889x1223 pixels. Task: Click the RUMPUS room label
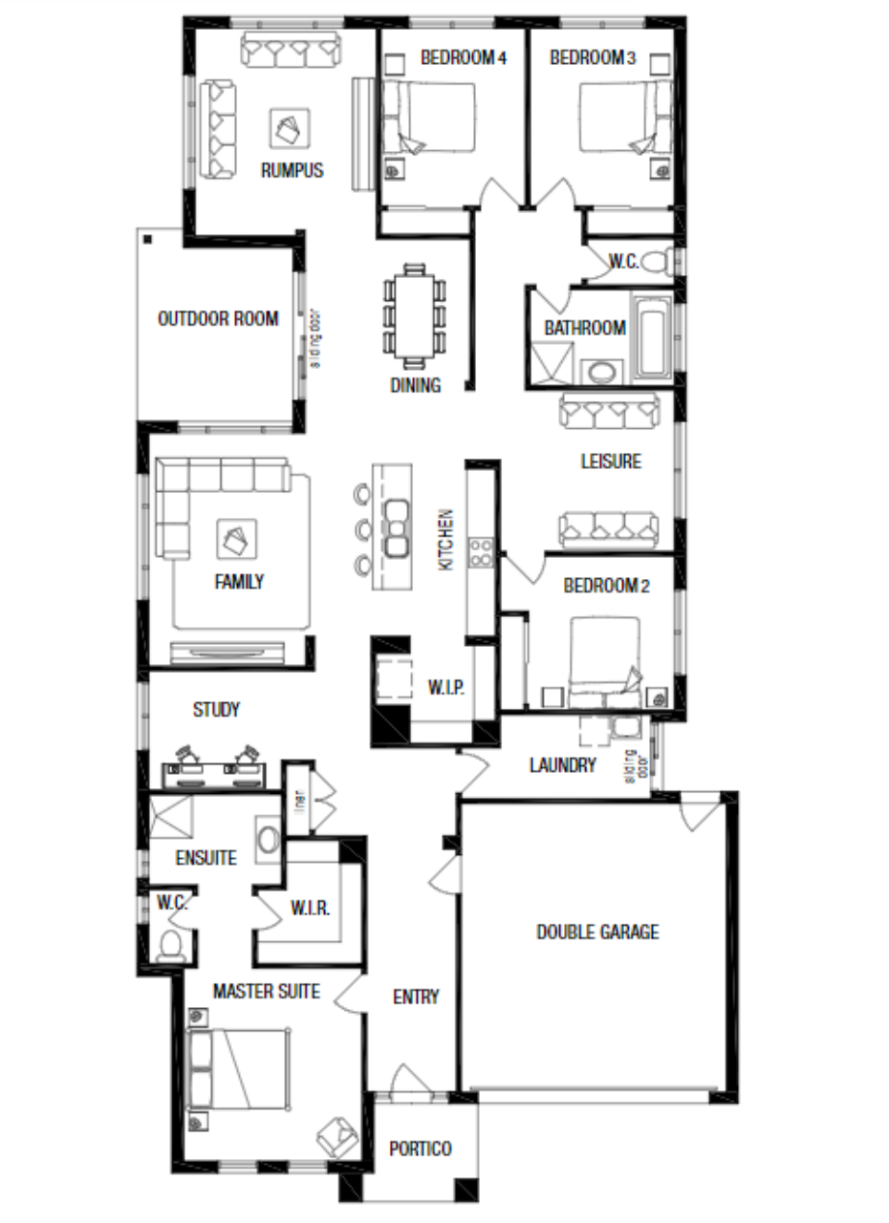coord(293,170)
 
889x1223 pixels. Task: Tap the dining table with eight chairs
coord(415,315)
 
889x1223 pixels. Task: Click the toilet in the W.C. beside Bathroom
coord(656,262)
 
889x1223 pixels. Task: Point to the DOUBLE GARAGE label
coord(598,932)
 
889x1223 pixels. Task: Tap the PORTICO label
coord(421,1148)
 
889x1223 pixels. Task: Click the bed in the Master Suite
coord(238,1069)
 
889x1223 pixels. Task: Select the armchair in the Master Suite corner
coord(337,1137)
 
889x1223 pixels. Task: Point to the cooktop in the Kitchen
coord(481,552)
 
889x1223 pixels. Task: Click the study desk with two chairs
coord(214,767)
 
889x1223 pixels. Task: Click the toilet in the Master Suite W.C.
coord(170,944)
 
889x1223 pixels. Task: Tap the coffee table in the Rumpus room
coord(290,129)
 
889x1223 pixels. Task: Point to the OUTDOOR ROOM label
coord(218,318)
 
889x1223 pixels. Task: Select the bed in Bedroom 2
coord(604,662)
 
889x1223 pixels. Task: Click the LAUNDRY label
coord(562,765)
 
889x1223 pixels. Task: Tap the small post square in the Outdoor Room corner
coord(148,239)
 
